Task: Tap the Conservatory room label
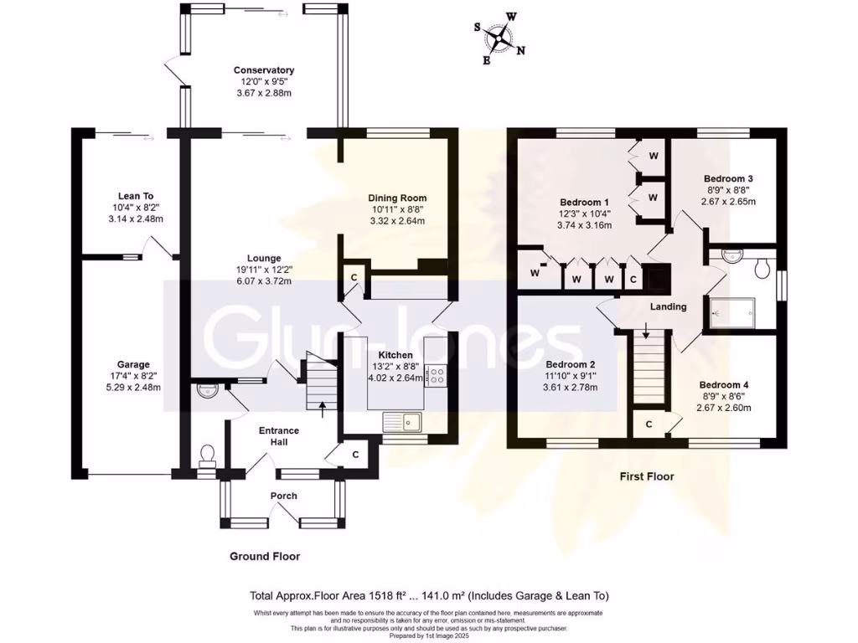[264, 70]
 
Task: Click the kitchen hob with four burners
[436, 376]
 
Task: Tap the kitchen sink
[405, 419]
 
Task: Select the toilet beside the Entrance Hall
[207, 455]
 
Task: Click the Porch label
[283, 496]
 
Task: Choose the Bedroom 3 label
[727, 179]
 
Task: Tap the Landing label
[668, 306]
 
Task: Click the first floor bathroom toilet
[762, 268]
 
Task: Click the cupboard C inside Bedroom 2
[649, 424]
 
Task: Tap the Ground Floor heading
[265, 556]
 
